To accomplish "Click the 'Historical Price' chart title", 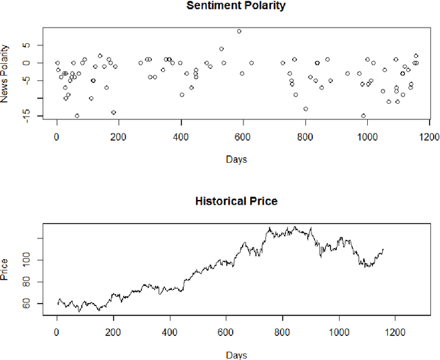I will tap(236, 201).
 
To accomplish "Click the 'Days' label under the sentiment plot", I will tap(236, 160).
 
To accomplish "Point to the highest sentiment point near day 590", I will tap(239, 31).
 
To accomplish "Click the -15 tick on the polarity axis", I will tap(26, 116).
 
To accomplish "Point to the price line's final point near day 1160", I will tap(383, 249).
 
